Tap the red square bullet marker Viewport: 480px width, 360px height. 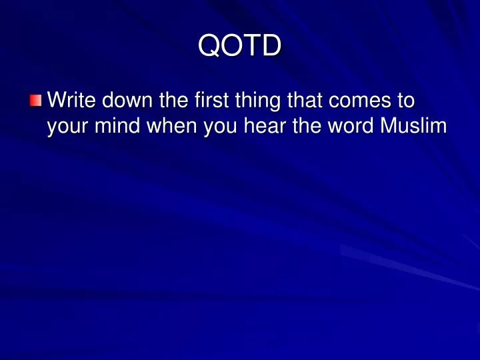pos(35,101)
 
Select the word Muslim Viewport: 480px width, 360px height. pos(412,125)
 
